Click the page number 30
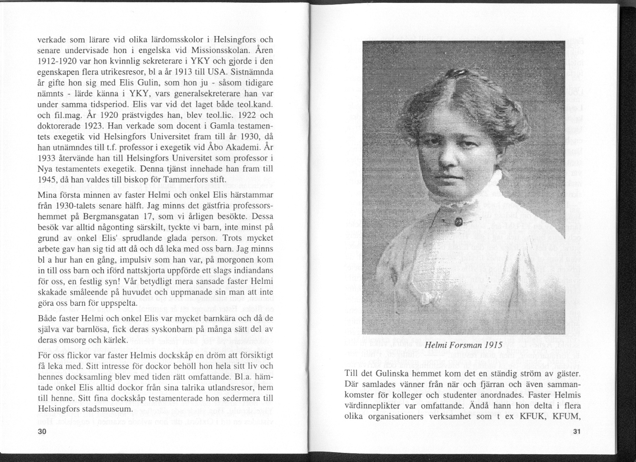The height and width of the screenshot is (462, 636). (x=41, y=432)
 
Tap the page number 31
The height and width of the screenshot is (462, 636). (x=576, y=432)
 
